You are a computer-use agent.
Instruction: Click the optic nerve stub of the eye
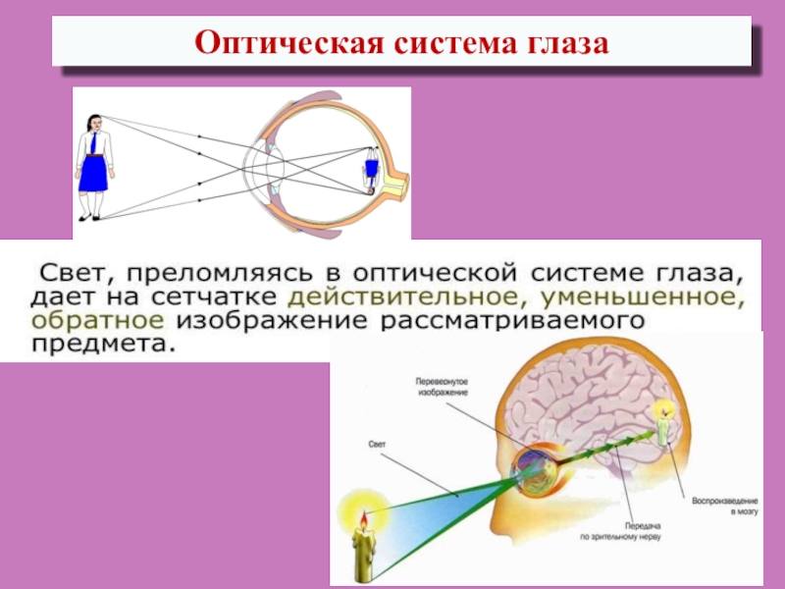tap(397, 184)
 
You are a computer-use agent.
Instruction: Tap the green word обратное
tap(94, 320)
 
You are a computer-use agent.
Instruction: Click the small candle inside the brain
tap(662, 428)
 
